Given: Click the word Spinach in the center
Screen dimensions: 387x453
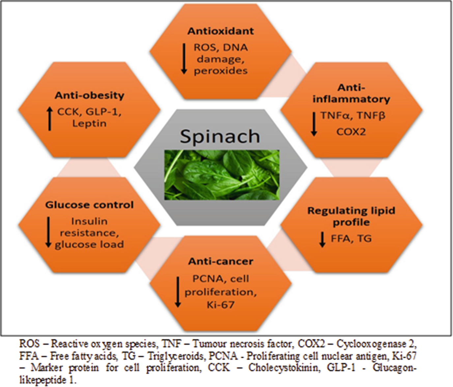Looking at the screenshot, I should (220, 136).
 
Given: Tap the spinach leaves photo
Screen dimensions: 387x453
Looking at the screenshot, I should (222, 175).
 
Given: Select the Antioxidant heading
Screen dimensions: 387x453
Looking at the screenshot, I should (221, 31).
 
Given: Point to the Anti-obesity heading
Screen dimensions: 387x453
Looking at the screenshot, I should (90, 96).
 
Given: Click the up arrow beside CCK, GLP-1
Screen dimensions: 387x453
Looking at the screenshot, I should (50, 119).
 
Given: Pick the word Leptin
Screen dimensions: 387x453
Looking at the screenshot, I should (89, 124).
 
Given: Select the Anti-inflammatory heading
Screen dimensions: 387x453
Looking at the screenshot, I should (351, 93).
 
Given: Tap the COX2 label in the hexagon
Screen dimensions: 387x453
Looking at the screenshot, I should (351, 132).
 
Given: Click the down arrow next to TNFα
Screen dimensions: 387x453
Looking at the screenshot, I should (314, 124).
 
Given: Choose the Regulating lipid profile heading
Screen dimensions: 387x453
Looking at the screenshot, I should (351, 216).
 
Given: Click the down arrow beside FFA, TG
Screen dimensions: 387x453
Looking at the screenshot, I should (322, 239).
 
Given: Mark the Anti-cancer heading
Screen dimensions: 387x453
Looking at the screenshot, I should (221, 262).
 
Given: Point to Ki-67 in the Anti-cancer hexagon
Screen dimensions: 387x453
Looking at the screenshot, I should (220, 305).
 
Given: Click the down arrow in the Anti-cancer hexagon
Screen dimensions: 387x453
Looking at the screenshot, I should (178, 292).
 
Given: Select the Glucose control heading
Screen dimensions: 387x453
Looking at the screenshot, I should (89, 205).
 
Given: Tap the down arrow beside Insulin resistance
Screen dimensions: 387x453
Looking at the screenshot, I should (48, 232).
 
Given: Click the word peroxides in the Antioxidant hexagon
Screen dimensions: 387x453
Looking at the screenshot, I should (221, 71).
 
